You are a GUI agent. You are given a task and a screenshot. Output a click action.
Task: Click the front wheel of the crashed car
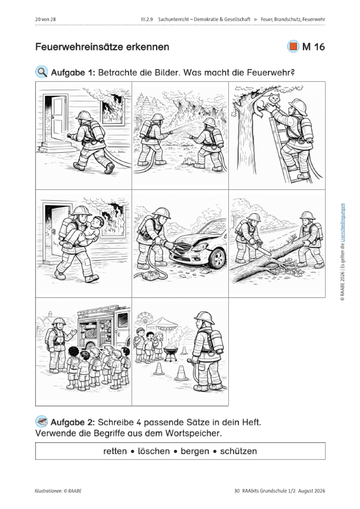point(217,258)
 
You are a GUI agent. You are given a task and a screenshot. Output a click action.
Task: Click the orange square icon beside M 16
point(293,46)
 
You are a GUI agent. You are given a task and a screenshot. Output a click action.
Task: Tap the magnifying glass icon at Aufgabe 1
point(41,72)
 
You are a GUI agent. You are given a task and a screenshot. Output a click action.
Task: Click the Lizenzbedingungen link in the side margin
point(343,223)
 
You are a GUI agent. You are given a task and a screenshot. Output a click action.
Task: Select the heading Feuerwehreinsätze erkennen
point(102,47)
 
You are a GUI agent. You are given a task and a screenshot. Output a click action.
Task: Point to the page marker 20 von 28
point(45,20)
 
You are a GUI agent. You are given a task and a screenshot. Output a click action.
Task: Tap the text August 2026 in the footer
point(312,491)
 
